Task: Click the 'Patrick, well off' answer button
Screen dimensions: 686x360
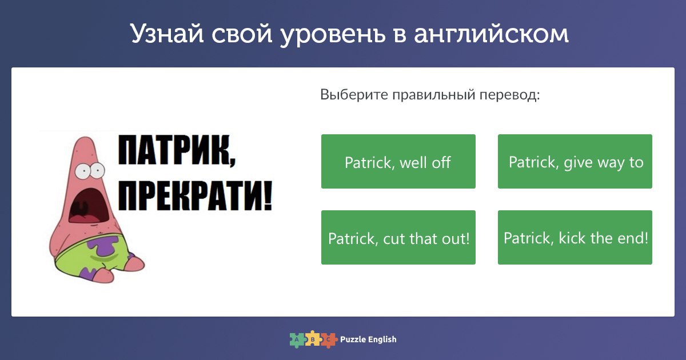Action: (x=398, y=161)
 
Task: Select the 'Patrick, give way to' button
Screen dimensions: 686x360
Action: (x=575, y=161)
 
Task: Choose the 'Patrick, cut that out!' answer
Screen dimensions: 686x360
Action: (x=398, y=237)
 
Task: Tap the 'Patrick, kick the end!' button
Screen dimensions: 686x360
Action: (x=575, y=237)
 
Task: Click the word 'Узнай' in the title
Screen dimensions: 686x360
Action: (x=167, y=34)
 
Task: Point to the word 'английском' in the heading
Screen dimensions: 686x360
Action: (x=491, y=34)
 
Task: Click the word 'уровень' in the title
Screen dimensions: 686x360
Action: (x=333, y=35)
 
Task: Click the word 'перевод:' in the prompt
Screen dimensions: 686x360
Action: (x=509, y=95)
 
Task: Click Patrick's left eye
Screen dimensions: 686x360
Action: (x=83, y=171)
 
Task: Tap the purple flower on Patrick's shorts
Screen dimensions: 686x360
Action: (x=103, y=245)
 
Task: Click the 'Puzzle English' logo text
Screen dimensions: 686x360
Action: (x=368, y=339)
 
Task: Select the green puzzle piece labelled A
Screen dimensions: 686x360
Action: (x=297, y=340)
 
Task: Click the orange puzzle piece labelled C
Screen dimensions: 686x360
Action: (x=329, y=340)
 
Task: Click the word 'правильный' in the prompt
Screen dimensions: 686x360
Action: (x=434, y=95)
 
